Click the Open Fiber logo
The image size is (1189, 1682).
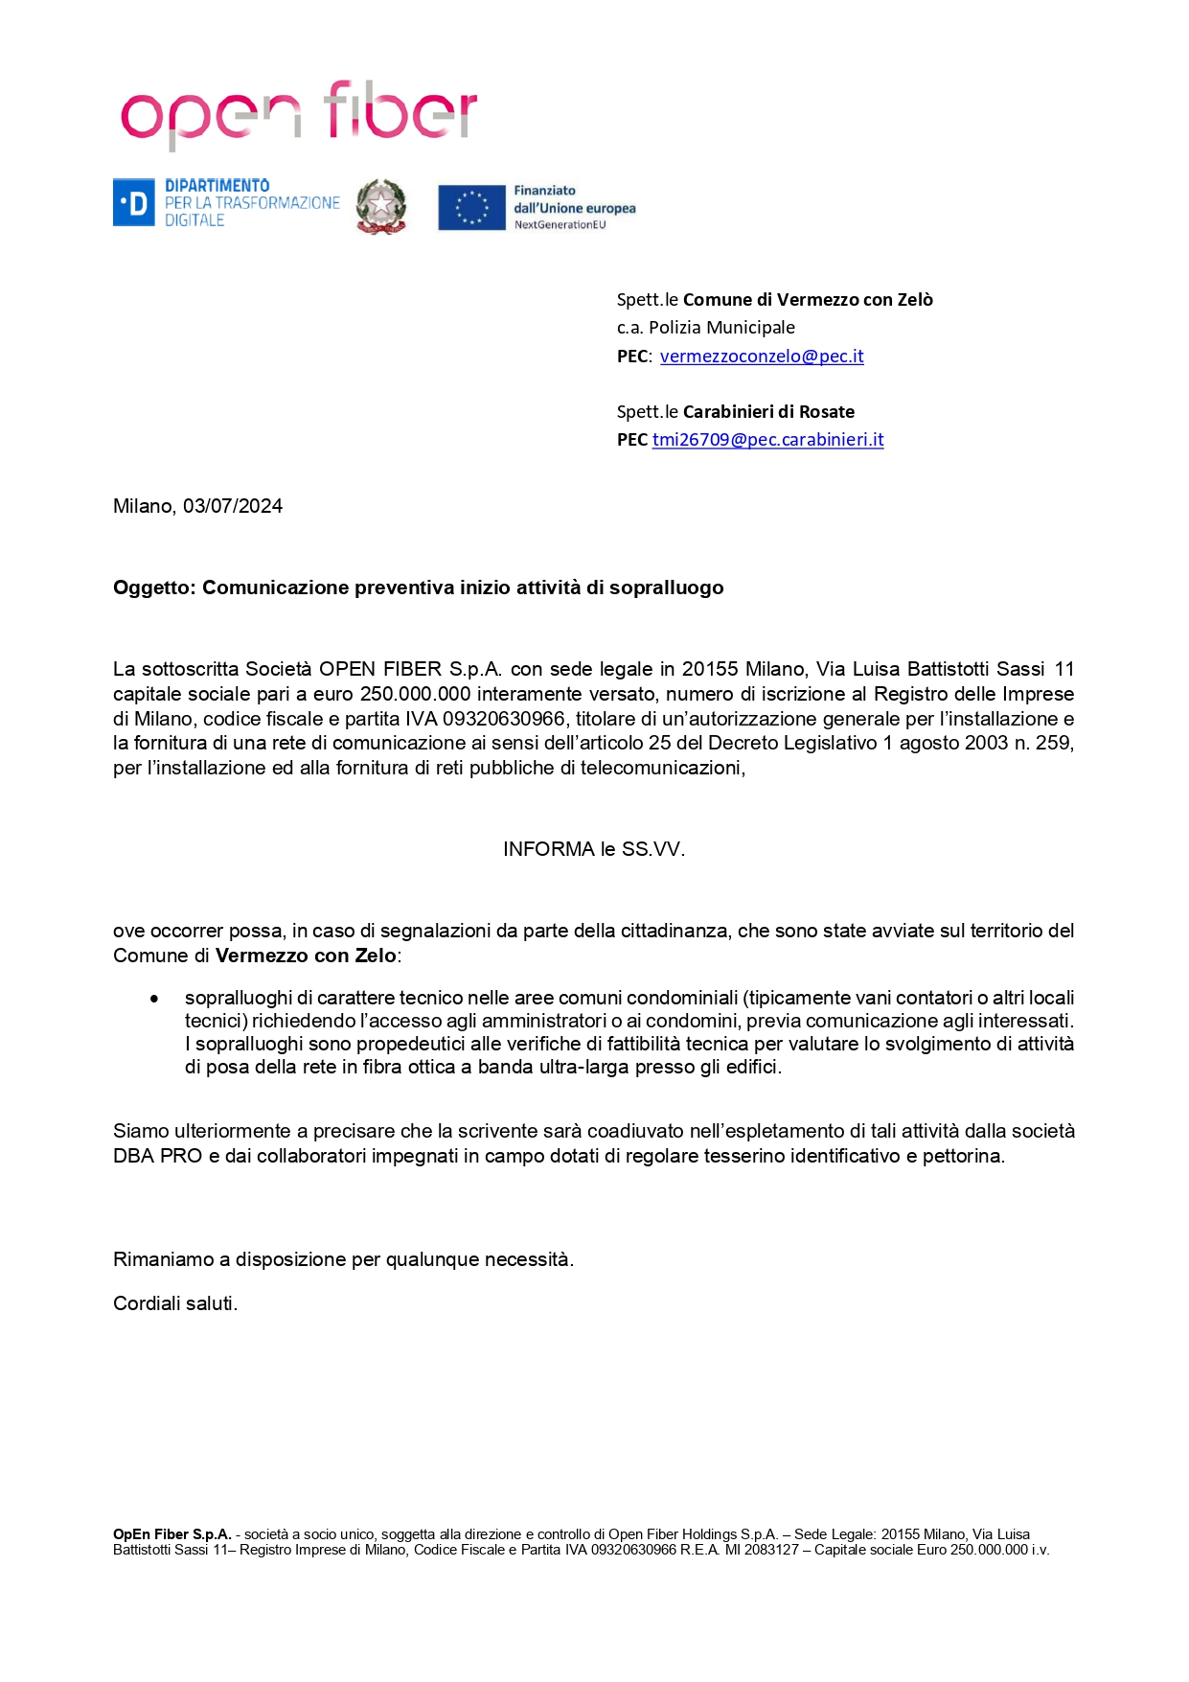pyautogui.click(x=298, y=114)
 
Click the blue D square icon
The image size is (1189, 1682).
pyautogui.click(x=133, y=203)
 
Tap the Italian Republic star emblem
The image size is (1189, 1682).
pyautogui.click(x=381, y=206)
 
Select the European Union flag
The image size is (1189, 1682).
pyautogui.click(x=471, y=207)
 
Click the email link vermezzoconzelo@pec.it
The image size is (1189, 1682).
pyautogui.click(x=762, y=357)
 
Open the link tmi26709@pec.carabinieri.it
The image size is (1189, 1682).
pyautogui.click(x=767, y=440)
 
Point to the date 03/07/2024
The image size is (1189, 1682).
pyautogui.click(x=233, y=506)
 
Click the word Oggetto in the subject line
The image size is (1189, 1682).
pyautogui.click(x=154, y=588)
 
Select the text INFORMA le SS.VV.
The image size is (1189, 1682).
pyautogui.click(x=594, y=849)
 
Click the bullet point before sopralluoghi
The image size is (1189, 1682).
pyautogui.click(x=154, y=999)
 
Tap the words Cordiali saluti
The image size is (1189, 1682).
pyautogui.click(x=175, y=1303)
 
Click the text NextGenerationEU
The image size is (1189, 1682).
pyautogui.click(x=560, y=225)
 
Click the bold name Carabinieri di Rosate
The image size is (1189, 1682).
pyautogui.click(x=768, y=412)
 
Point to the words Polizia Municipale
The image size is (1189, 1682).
pyautogui.click(x=721, y=328)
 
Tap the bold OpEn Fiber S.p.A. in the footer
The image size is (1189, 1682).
pyautogui.click(x=172, y=1534)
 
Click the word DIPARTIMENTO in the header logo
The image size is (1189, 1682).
pyautogui.click(x=217, y=186)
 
